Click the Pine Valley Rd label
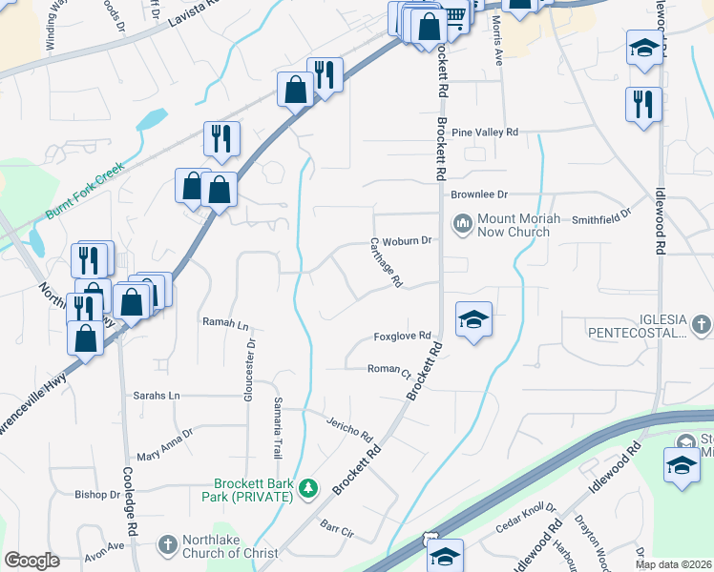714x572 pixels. (x=485, y=133)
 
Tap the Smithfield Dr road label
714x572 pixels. (x=601, y=218)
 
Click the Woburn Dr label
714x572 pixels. (x=414, y=240)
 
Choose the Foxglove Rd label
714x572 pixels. (x=403, y=337)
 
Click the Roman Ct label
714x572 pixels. (x=389, y=369)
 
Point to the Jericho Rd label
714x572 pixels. (x=349, y=428)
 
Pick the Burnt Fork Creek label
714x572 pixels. (x=85, y=190)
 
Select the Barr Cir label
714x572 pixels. (x=338, y=526)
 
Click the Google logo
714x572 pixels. (x=31, y=561)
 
